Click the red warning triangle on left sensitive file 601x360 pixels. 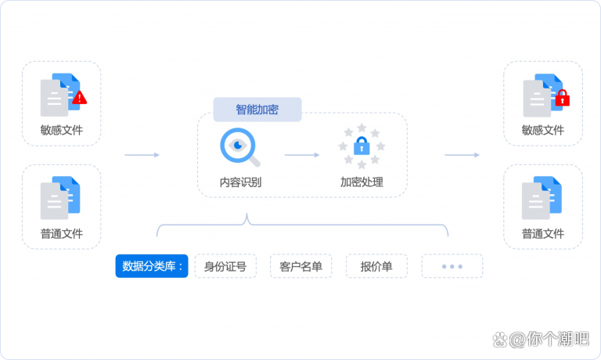80,98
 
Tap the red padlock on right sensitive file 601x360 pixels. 561,98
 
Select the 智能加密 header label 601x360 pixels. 257,110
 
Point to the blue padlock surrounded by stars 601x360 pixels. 362,146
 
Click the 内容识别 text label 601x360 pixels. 240,183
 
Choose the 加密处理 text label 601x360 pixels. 362,183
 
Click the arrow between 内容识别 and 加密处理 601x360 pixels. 301,155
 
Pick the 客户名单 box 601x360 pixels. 300,266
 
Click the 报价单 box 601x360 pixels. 376,266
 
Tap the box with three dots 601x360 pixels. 452,266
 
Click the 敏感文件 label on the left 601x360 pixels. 62,130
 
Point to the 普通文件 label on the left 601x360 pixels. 62,233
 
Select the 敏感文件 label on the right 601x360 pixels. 542,130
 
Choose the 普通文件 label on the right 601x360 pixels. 542,233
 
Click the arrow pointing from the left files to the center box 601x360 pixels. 142,155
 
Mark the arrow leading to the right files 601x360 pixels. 462,155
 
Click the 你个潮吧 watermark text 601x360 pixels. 557,339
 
